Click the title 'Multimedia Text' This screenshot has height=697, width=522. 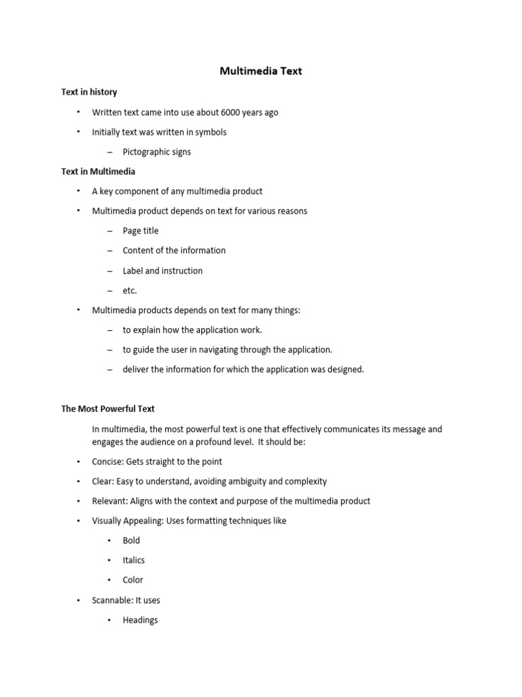[x=260, y=71]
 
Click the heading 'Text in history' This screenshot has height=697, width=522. [x=89, y=92]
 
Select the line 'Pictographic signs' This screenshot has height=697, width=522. [x=156, y=152]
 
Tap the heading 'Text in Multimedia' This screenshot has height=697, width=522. [x=98, y=172]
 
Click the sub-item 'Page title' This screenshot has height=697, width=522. [x=140, y=231]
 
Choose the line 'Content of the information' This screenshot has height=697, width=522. [x=174, y=250]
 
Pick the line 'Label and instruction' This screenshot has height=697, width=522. [x=162, y=270]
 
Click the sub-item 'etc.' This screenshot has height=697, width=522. [x=130, y=291]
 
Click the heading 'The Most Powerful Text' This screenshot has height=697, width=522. [x=108, y=409]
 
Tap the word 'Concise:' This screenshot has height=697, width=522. [x=108, y=461]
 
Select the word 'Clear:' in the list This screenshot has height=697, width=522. [x=104, y=481]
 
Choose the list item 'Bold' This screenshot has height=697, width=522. [x=131, y=540]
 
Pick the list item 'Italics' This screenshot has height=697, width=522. [x=134, y=560]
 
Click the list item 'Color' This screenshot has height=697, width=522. [x=133, y=580]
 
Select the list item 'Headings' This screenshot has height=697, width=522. [x=140, y=620]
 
